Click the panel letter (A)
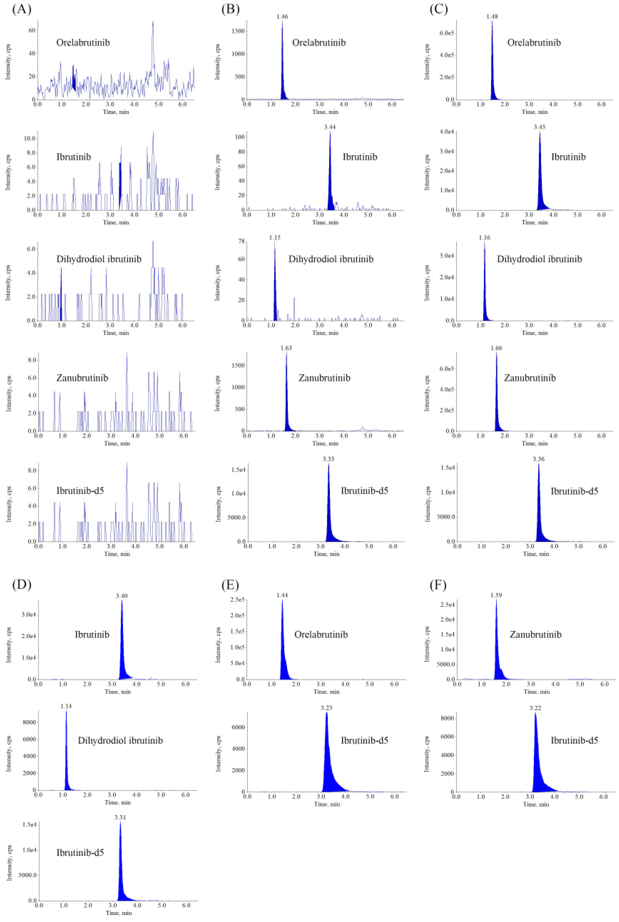click(21, 9)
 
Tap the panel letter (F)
click(438, 585)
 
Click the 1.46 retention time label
click(282, 17)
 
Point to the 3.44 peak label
click(330, 127)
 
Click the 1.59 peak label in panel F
click(496, 595)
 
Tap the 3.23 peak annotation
click(326, 708)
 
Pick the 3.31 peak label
click(120, 817)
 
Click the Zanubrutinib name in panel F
click(535, 634)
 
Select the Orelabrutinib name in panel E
click(321, 634)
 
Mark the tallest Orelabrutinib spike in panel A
click(153, 22)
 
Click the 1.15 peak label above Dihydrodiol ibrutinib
click(275, 238)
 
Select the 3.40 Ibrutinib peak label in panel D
click(122, 596)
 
